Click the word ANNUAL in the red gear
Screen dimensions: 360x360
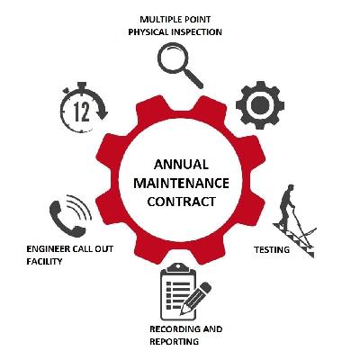pyautogui.click(x=181, y=165)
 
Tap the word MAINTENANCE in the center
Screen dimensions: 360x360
pyautogui.click(x=181, y=183)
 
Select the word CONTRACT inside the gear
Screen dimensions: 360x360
pyautogui.click(x=181, y=202)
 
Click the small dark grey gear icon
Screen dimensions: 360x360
pyautogui.click(x=260, y=105)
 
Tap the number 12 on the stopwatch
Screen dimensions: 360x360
pyautogui.click(x=82, y=112)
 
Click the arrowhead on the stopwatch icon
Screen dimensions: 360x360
pyautogui.click(x=103, y=114)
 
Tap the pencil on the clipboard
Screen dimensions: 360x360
pyautogui.click(x=195, y=298)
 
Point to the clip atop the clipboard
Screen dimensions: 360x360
pyautogui.click(x=178, y=267)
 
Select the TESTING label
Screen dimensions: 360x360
pyautogui.click(x=272, y=249)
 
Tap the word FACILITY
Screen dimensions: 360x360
pyautogui.click(x=44, y=262)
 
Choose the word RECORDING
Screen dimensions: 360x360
pyautogui.click(x=175, y=329)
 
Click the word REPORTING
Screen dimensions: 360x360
pyautogui.click(x=174, y=342)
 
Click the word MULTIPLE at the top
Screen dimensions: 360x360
pyautogui.click(x=158, y=20)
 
